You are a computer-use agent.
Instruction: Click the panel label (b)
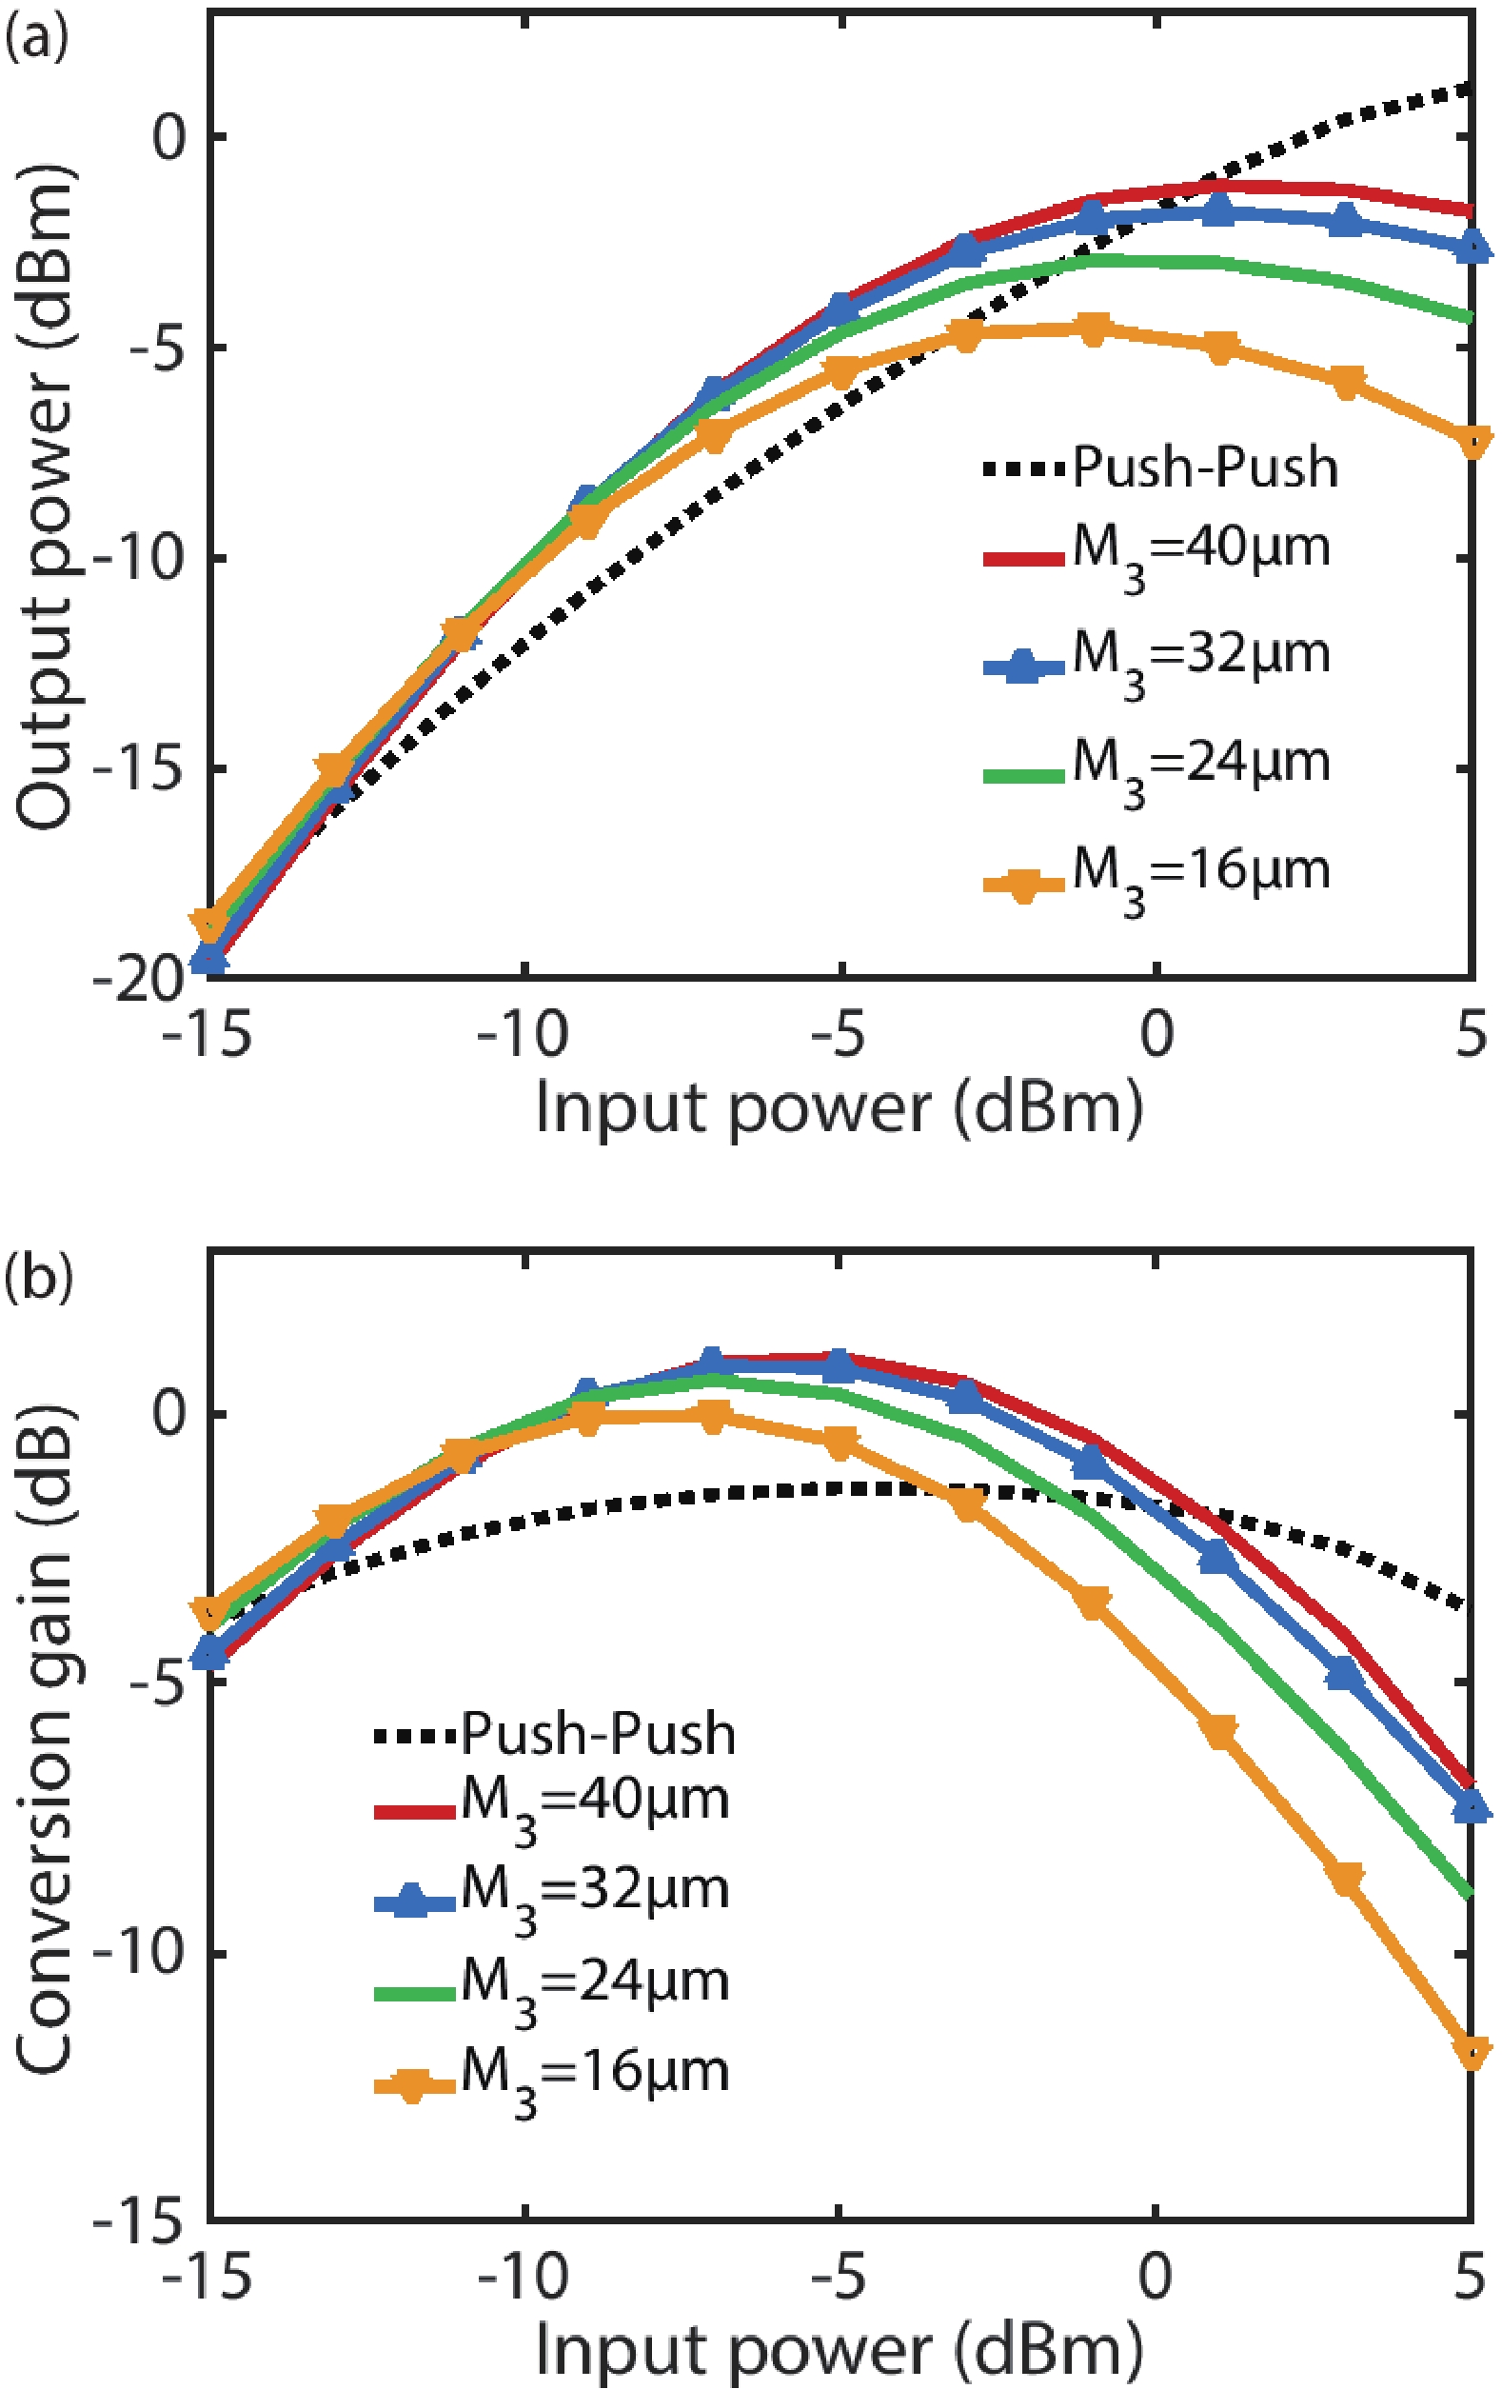38,1279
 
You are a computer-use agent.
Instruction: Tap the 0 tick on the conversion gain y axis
168,1413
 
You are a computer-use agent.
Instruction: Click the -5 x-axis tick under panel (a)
840,1035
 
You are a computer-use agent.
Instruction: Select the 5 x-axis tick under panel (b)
1471,2274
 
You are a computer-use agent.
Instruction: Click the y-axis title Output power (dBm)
45,496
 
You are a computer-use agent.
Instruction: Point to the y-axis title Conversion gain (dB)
45,1736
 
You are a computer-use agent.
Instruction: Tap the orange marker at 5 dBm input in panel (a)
1472,441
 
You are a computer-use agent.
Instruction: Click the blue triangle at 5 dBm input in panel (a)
1472,244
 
